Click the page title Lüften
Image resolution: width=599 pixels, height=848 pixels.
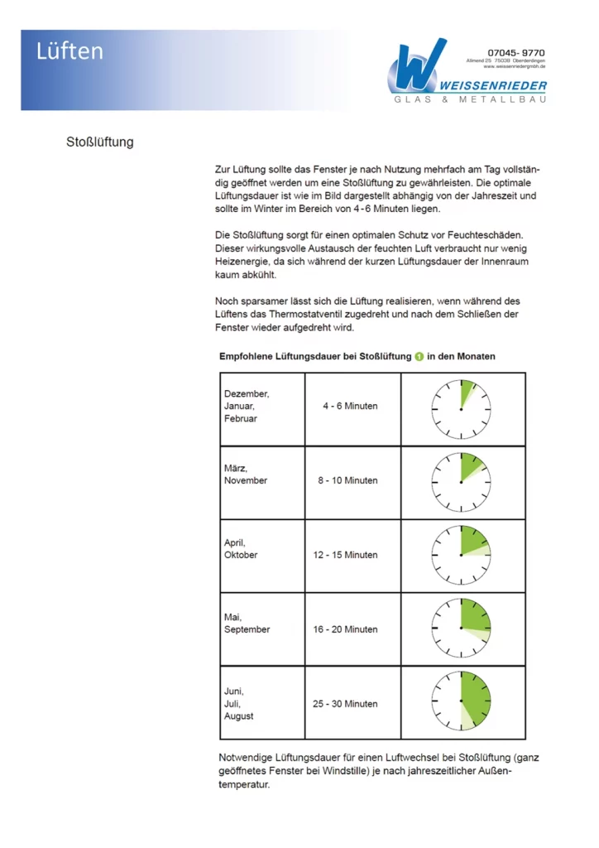69,51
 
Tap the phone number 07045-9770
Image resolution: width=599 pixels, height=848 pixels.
517,52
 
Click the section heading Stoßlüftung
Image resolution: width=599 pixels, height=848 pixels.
99,142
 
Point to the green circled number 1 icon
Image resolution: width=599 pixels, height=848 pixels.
419,356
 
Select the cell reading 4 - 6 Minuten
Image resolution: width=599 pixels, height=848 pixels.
350,406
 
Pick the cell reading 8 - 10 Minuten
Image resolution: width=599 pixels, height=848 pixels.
350,480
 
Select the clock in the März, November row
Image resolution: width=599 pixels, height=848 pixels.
461,481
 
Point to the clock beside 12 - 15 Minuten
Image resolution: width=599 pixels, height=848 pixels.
461,556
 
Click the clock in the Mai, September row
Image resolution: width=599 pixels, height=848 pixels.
461,629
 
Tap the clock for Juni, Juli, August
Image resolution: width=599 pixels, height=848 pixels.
461,704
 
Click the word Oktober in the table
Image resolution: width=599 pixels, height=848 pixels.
241,555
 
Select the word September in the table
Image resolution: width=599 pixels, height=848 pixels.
247,629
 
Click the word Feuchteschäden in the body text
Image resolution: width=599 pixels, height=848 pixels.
483,235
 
